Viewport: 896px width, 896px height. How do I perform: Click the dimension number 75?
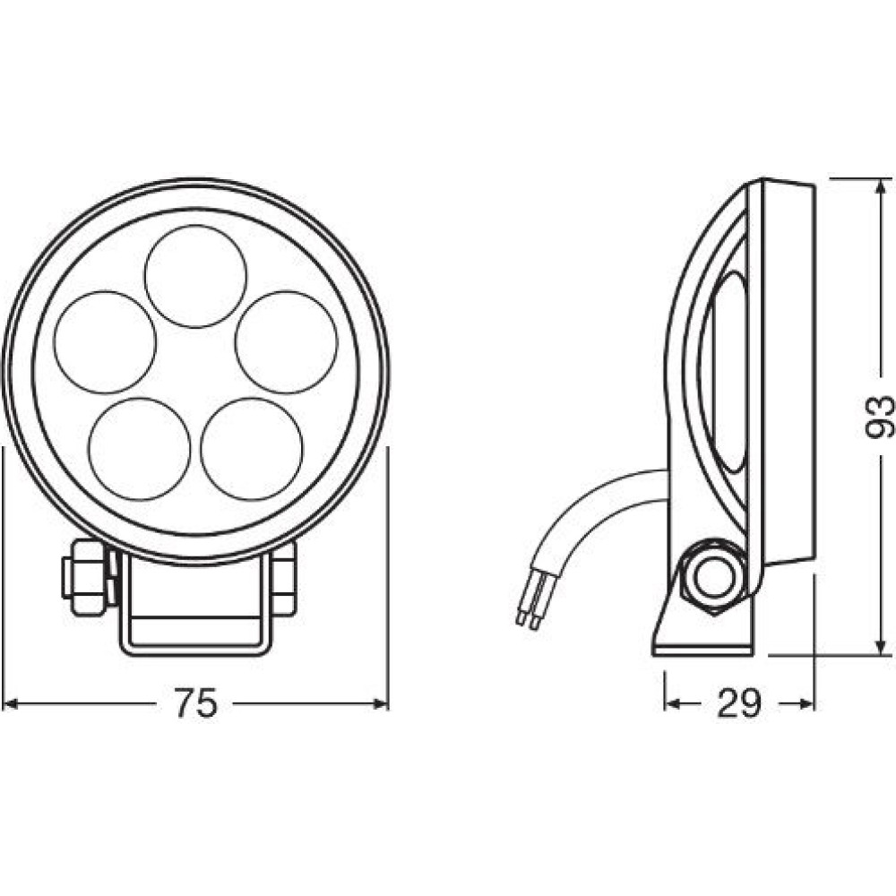coord(195,703)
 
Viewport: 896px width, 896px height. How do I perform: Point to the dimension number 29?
coord(738,703)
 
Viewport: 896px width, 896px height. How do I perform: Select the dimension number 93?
coord(879,417)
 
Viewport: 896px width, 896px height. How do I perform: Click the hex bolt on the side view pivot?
coord(712,577)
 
